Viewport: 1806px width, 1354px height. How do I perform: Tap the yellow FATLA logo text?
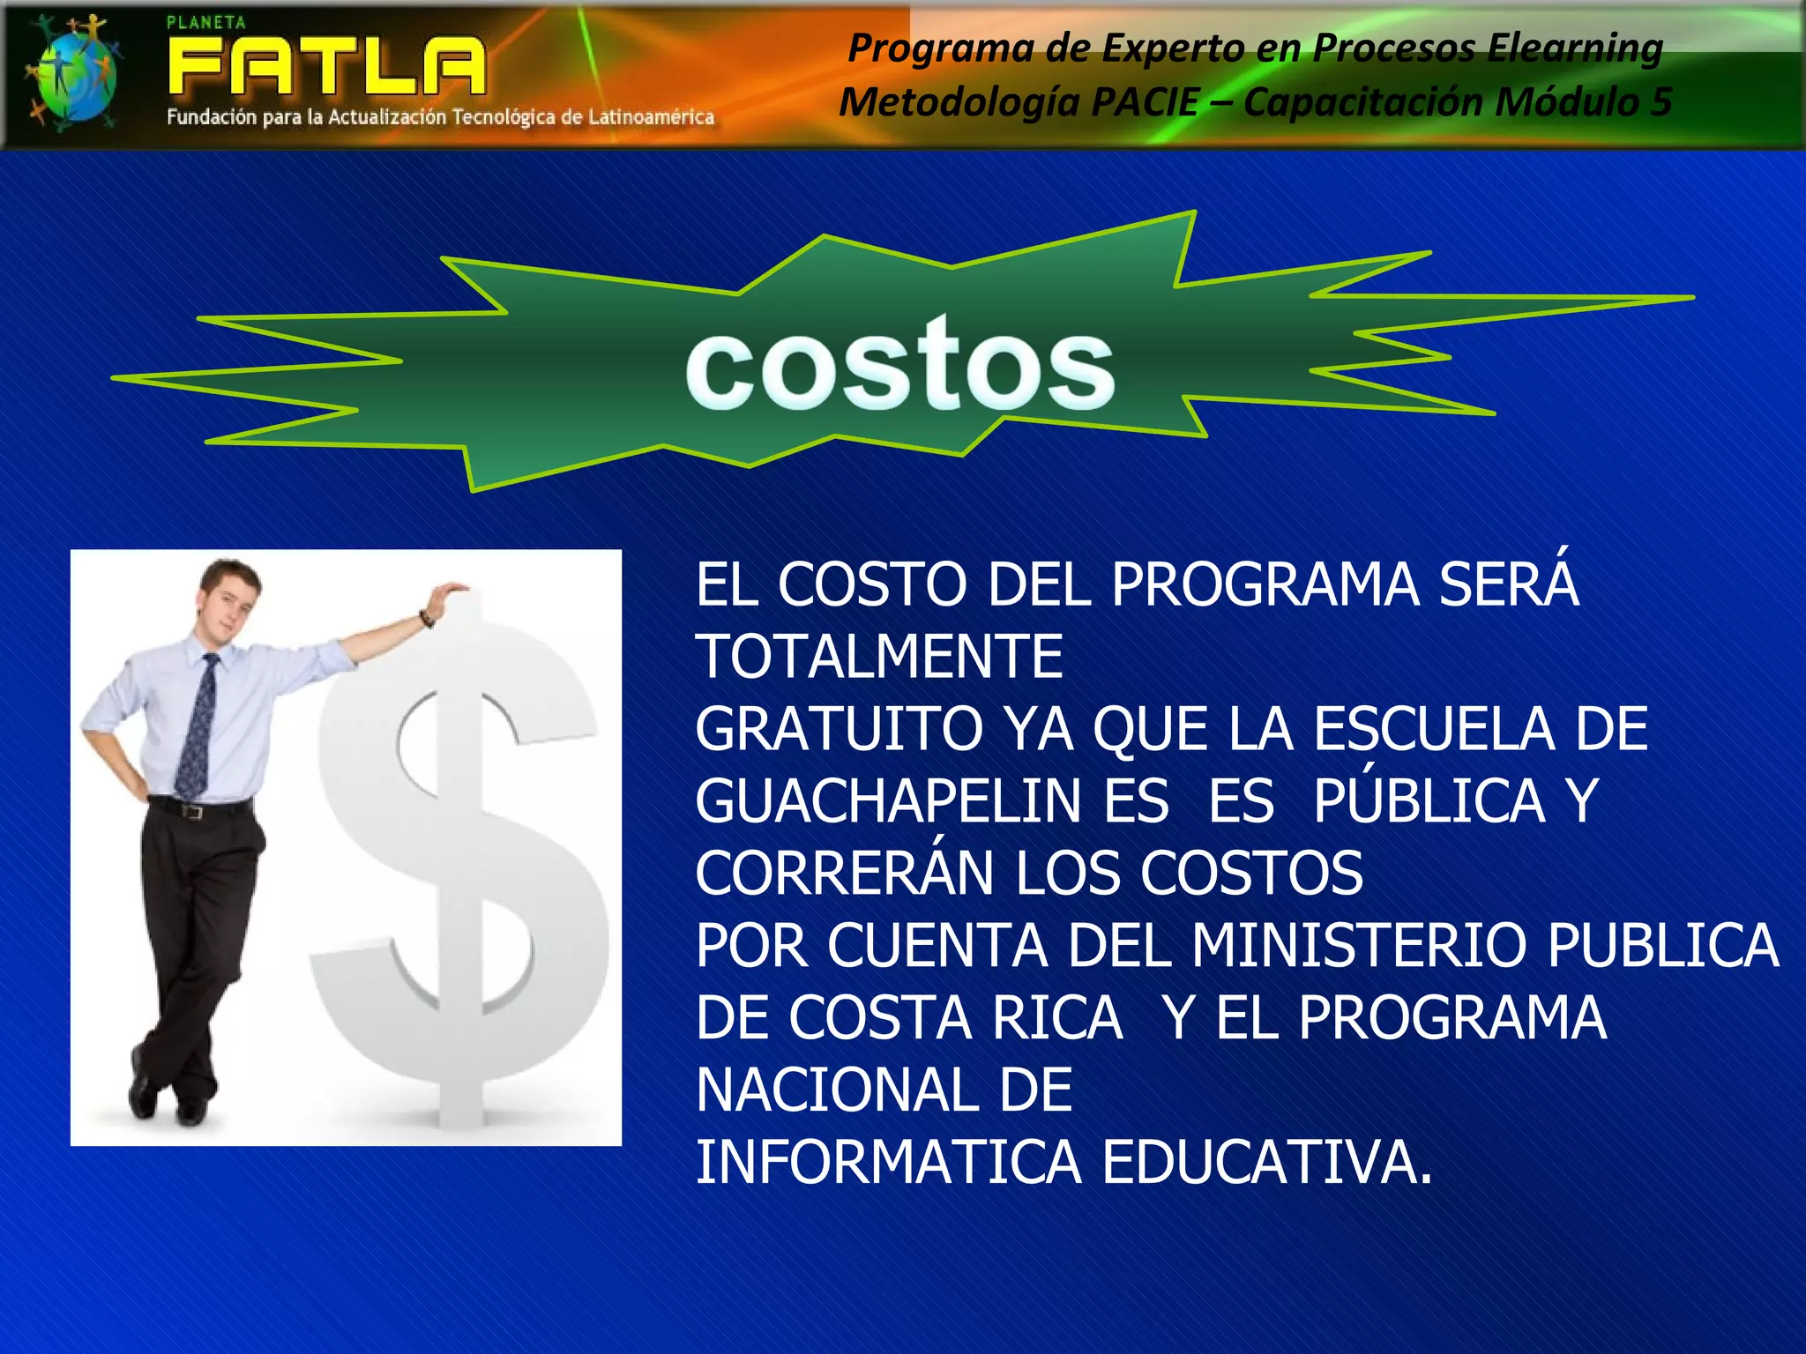[326, 66]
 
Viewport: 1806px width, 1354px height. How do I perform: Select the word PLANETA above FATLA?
[206, 23]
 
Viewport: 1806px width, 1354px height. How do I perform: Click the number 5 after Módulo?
[1660, 101]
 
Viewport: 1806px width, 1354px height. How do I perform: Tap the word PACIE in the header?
[1145, 101]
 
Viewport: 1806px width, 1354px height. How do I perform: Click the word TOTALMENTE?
[879, 657]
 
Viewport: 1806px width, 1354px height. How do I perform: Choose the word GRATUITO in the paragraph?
[839, 729]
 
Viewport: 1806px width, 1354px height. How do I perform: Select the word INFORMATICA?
[888, 1163]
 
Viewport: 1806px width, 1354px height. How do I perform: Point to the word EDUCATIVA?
[1266, 1163]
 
